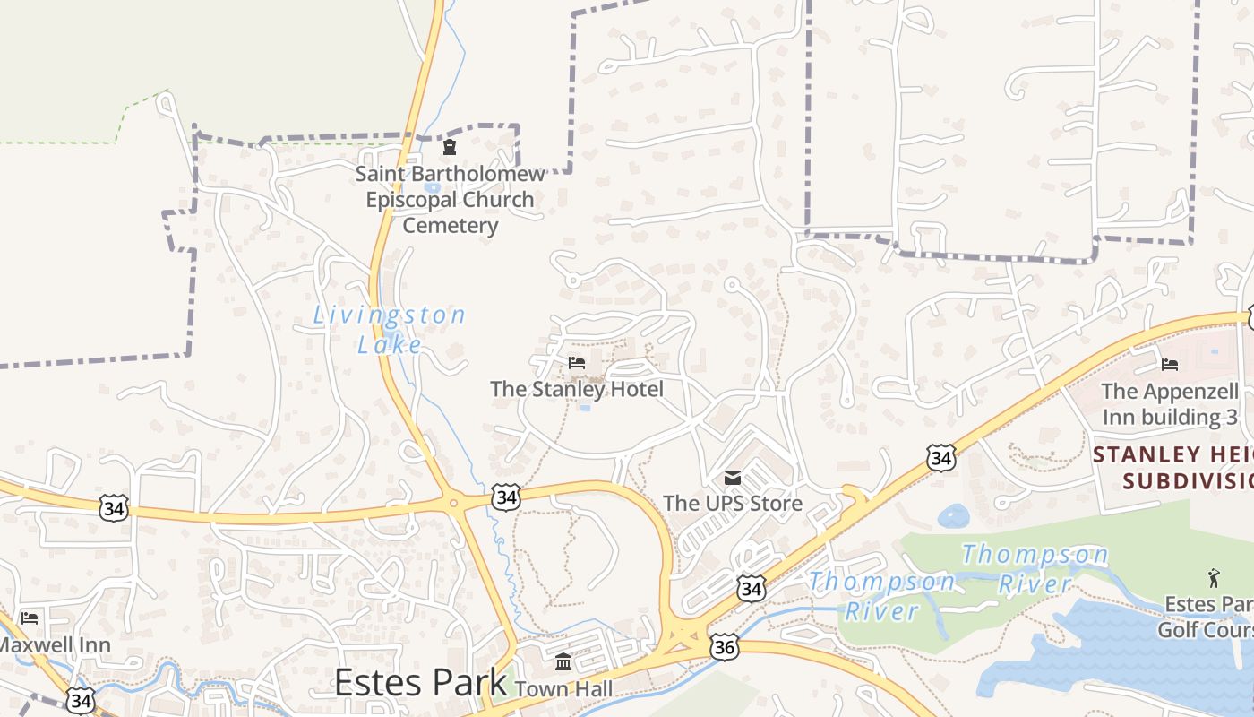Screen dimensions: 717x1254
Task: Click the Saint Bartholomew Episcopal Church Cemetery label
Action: [450, 200]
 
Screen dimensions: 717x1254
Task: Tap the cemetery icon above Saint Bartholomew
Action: [450, 148]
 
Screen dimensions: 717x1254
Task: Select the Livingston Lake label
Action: [390, 329]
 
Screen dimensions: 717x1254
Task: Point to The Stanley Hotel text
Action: [577, 389]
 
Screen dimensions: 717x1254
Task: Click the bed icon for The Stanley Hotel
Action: [577, 363]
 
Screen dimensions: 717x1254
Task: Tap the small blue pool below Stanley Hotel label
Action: [585, 408]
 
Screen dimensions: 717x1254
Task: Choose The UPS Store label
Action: [733, 503]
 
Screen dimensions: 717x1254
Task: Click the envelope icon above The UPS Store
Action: [733, 477]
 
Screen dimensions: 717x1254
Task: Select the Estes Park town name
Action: [421, 682]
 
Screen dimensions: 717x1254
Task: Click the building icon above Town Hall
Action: [563, 662]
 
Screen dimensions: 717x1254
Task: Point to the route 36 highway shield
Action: [725, 645]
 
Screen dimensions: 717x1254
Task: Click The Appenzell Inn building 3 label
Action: [1171, 404]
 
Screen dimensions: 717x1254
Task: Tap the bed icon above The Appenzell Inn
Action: [1170, 364]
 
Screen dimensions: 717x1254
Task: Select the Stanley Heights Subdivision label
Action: [1173, 467]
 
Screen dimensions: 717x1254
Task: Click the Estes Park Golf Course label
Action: [1206, 617]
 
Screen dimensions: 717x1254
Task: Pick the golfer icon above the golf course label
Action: [1214, 578]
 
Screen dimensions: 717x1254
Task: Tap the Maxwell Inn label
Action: [54, 644]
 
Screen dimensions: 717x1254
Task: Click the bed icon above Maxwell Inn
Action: [30, 618]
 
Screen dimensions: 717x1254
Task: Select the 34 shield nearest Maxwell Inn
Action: [80, 700]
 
